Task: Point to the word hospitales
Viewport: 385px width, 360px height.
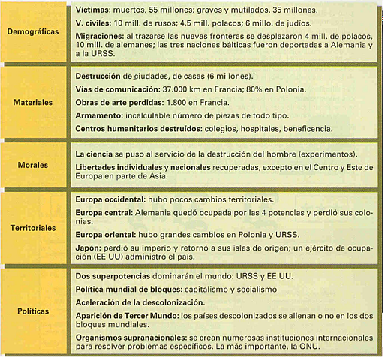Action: pyautogui.click(x=280, y=129)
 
